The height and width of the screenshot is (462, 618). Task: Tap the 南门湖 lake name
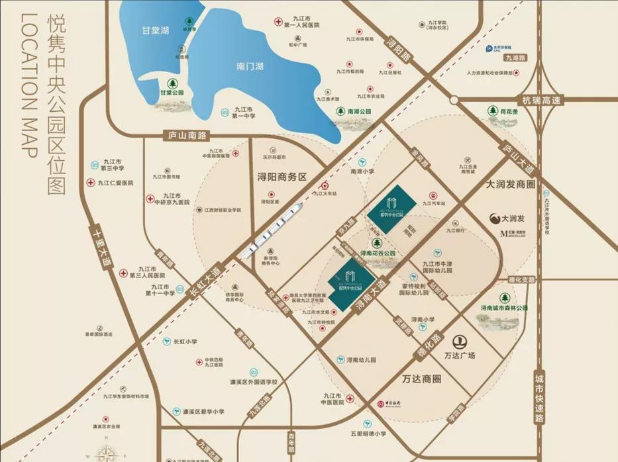click(x=250, y=66)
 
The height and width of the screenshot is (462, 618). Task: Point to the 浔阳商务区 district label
click(x=283, y=177)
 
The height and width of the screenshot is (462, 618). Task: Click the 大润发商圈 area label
click(x=509, y=183)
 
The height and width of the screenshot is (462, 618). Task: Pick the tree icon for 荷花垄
click(x=493, y=111)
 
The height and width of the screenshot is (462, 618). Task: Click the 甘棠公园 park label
click(x=175, y=93)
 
